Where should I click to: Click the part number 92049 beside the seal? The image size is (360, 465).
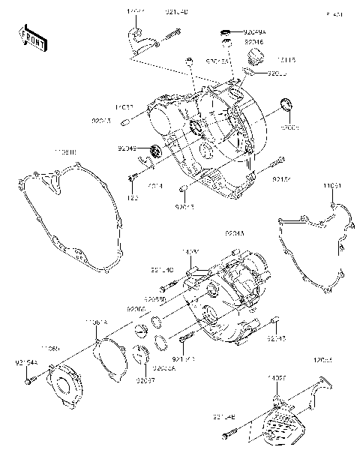[127, 148]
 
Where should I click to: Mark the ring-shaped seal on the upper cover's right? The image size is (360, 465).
[286, 103]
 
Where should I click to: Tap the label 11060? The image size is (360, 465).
[50, 348]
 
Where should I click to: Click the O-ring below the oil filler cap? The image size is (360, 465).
[250, 73]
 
